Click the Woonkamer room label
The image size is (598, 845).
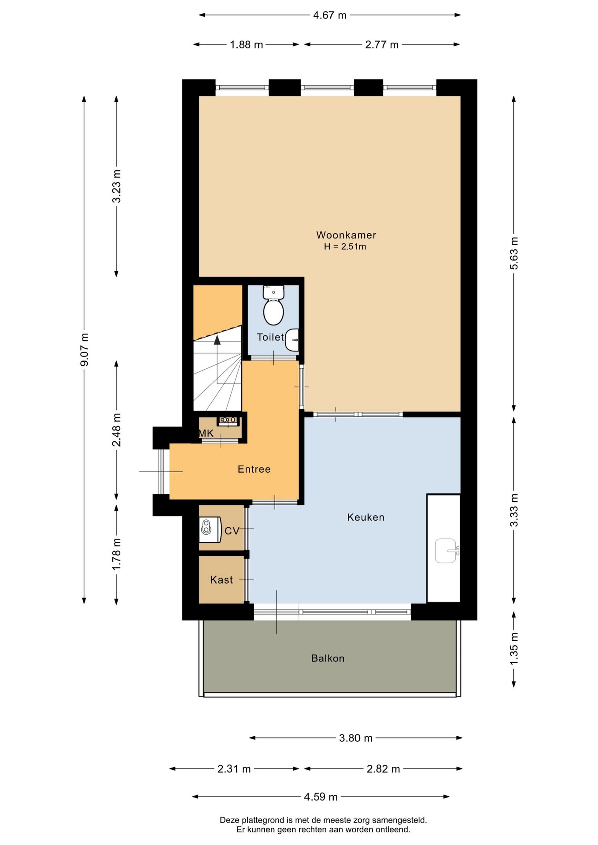[x=346, y=235]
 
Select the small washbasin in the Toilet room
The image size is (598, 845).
[x=292, y=340]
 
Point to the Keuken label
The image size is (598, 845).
[x=366, y=517]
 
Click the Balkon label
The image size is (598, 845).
[x=328, y=658]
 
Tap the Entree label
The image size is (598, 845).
[x=254, y=469]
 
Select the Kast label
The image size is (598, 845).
[x=221, y=580]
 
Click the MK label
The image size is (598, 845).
[x=206, y=434]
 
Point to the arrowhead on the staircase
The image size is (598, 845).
[x=217, y=339]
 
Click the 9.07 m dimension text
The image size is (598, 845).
[x=84, y=350]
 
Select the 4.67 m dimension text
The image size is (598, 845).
[x=330, y=15]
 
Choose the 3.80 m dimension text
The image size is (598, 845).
[x=356, y=738]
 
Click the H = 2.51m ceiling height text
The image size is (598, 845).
[x=345, y=247]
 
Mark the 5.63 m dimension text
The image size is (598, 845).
[x=514, y=253]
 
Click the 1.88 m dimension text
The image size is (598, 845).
[x=247, y=44]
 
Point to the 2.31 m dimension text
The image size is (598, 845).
[x=234, y=769]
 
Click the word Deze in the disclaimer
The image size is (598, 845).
[x=230, y=820]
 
